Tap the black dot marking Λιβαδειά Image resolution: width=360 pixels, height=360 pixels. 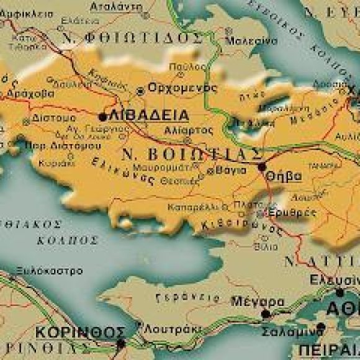coord(102,116)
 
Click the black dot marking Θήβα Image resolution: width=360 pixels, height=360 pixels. coord(262,166)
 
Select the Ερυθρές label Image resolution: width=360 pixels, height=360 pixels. coord(285,212)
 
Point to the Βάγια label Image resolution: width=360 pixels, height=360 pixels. coord(227,169)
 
